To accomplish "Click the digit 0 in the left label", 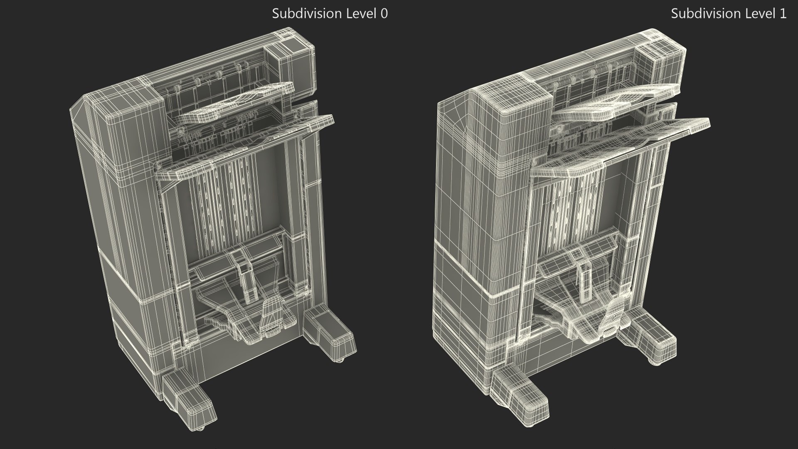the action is (384, 14).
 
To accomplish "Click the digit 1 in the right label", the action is (783, 14).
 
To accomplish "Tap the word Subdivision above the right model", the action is (704, 14).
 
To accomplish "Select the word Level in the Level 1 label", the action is (759, 14).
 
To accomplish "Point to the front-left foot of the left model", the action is (189, 395).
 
